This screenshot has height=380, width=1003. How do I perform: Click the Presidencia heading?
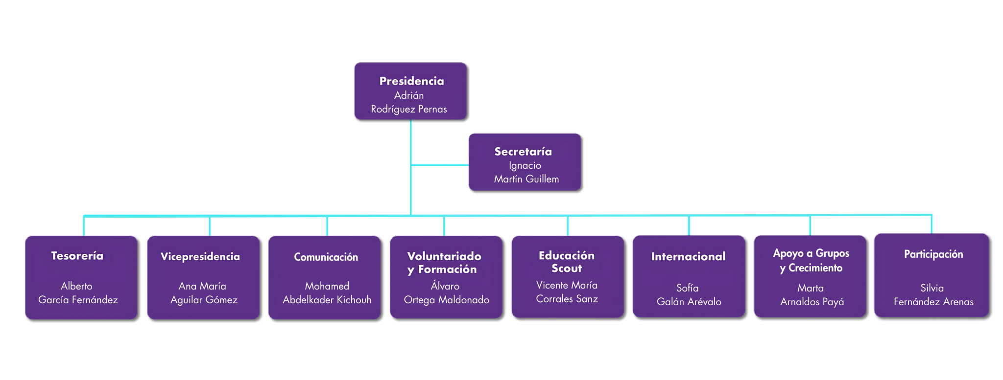coord(411,81)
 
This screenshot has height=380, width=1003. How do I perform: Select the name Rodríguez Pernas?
coord(408,109)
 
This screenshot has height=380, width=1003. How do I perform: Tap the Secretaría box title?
coord(523,152)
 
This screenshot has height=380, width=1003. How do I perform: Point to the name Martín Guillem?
coord(526,179)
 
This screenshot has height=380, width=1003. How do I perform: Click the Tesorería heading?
coord(77,256)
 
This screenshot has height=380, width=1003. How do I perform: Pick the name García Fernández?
coord(78,300)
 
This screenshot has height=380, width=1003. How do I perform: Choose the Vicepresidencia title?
coord(200,257)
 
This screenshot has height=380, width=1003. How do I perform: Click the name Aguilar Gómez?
coord(204,300)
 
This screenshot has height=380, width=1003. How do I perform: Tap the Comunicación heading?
coord(326,257)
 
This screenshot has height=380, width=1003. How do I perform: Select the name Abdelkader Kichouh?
coord(327,300)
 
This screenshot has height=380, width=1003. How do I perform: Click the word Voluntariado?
coord(444,256)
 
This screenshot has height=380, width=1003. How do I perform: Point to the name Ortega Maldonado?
coord(446,300)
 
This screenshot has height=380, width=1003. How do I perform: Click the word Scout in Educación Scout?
coord(567,268)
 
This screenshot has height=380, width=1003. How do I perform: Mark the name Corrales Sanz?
coord(567,299)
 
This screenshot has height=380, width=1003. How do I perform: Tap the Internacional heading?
coord(688,257)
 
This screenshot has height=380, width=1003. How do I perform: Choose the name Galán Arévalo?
coord(689,302)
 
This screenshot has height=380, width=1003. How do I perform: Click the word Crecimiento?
coord(815,268)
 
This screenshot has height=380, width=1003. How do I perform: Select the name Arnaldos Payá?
coord(812,302)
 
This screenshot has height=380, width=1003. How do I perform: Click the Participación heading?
coord(933,254)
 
